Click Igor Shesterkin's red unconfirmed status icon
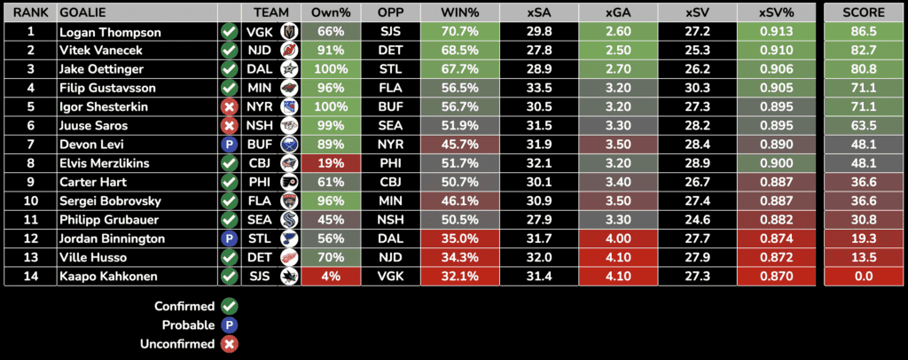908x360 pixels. pyautogui.click(x=229, y=106)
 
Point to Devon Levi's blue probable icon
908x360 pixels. pyautogui.click(x=229, y=145)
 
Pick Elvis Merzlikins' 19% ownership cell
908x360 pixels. pyautogui.click(x=330, y=163)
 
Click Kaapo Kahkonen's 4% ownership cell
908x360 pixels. pyautogui.click(x=330, y=276)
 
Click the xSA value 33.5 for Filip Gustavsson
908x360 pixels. pyautogui.click(x=538, y=88)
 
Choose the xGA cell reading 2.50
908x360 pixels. pyautogui.click(x=618, y=51)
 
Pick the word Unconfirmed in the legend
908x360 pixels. pyautogui.click(x=178, y=344)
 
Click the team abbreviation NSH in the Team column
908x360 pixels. pyautogui.click(x=258, y=126)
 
